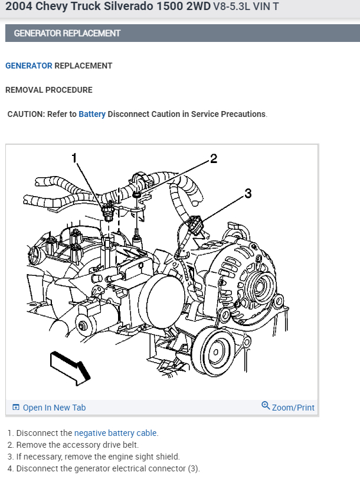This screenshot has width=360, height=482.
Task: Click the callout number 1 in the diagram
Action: (x=75, y=158)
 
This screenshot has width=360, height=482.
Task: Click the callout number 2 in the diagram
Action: (x=214, y=158)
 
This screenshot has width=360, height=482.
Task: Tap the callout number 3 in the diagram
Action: (x=248, y=193)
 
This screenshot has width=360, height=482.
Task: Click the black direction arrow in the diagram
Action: (x=70, y=363)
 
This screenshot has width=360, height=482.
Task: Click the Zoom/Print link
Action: (x=293, y=408)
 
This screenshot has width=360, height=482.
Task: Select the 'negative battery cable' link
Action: (x=116, y=433)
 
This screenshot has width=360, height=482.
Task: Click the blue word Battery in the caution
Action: (x=92, y=114)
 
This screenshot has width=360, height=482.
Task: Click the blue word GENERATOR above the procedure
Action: (x=28, y=66)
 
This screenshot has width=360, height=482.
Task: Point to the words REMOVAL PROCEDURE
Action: (x=49, y=90)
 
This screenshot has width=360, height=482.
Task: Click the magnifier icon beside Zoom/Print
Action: (x=266, y=406)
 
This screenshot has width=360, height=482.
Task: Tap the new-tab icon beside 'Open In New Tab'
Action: (x=16, y=408)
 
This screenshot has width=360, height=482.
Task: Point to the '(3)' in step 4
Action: (x=193, y=468)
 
